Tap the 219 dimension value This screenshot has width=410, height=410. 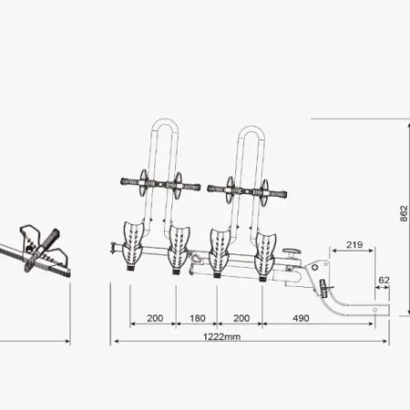[x=354, y=245]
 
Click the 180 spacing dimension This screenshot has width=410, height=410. [x=196, y=319]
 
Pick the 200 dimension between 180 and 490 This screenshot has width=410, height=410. [x=240, y=319]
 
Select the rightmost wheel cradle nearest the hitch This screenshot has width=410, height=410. [x=267, y=251]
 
